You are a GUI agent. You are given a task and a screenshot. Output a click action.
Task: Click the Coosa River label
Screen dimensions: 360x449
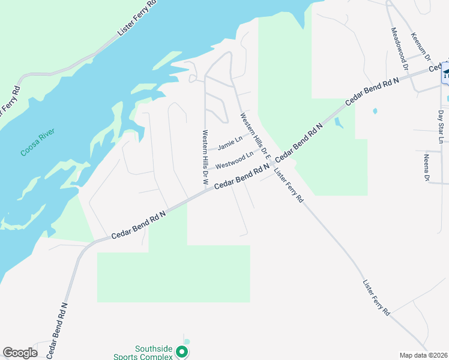click(37, 142)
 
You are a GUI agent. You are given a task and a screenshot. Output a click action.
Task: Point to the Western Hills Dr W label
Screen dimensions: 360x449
click(205, 157)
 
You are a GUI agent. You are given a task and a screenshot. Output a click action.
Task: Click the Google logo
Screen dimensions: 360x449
click(20, 353)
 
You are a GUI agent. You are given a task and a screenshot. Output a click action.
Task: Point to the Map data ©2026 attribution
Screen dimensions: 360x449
click(423, 355)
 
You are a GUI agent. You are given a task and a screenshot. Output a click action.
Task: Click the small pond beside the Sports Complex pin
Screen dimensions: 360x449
click(187, 341)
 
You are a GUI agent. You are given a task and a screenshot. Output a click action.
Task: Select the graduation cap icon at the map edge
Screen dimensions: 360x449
click(446, 72)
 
